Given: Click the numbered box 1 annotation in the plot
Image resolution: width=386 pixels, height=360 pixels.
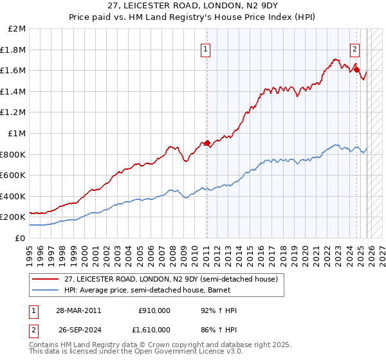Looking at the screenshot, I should point(205,48).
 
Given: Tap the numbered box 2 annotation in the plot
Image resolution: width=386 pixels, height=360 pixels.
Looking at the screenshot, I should point(354,48).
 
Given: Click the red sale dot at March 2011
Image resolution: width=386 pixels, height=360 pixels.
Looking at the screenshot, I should point(207,143).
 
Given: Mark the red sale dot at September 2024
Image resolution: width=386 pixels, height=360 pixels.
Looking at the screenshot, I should point(356,69).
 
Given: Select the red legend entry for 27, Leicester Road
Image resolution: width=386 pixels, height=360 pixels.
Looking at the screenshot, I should point(170,279).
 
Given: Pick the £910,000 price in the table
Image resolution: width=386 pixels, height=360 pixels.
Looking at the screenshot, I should point(154,310).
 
